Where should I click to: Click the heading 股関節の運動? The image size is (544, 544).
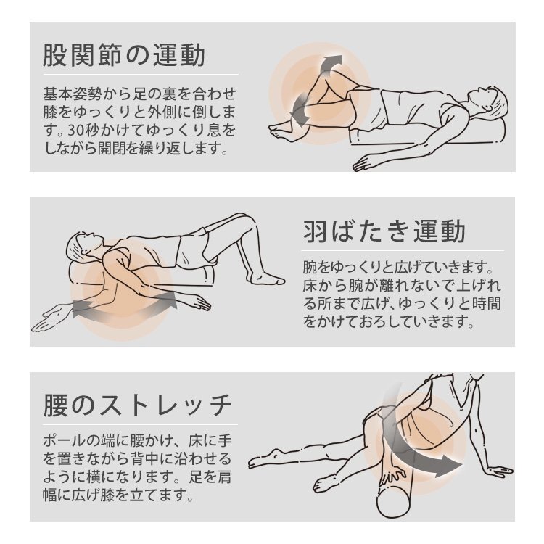pyautogui.click(x=124, y=56)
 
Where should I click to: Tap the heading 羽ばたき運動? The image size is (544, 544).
pyautogui.click(x=384, y=231)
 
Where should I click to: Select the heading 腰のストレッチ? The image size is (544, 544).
pyautogui.click(x=137, y=405)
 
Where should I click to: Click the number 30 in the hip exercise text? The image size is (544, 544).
pyautogui.click(x=75, y=131)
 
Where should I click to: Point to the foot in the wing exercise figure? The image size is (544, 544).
pyautogui.click(x=265, y=278)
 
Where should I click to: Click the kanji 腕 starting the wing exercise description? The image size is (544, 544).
pyautogui.click(x=310, y=267)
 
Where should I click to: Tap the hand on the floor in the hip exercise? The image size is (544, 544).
pyautogui.click(x=364, y=163)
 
